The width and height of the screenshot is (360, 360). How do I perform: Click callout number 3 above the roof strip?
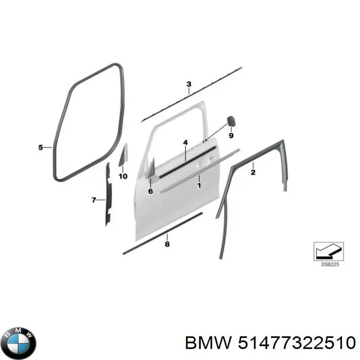tap(189, 84)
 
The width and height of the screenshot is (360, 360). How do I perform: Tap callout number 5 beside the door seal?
tap(40, 148)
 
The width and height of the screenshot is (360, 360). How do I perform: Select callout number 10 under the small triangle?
tap(123, 176)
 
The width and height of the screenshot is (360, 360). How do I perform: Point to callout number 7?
tap(94, 200)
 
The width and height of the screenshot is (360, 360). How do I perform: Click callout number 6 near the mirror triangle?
tap(150, 191)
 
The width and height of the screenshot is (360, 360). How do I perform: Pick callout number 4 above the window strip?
tap(185, 143)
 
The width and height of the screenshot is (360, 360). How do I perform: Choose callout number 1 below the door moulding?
tap(199, 185)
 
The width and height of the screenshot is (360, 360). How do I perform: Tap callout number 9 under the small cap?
tap(231, 135)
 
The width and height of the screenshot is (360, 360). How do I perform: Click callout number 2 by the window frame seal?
tap(253, 172)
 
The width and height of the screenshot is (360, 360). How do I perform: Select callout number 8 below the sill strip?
tap(167, 244)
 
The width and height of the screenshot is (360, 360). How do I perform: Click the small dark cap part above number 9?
tap(231, 121)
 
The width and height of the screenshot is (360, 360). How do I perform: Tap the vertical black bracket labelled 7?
tap(108, 194)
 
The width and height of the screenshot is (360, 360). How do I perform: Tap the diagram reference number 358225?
tap(330, 264)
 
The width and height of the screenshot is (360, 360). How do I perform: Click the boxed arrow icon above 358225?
tap(328, 251)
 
